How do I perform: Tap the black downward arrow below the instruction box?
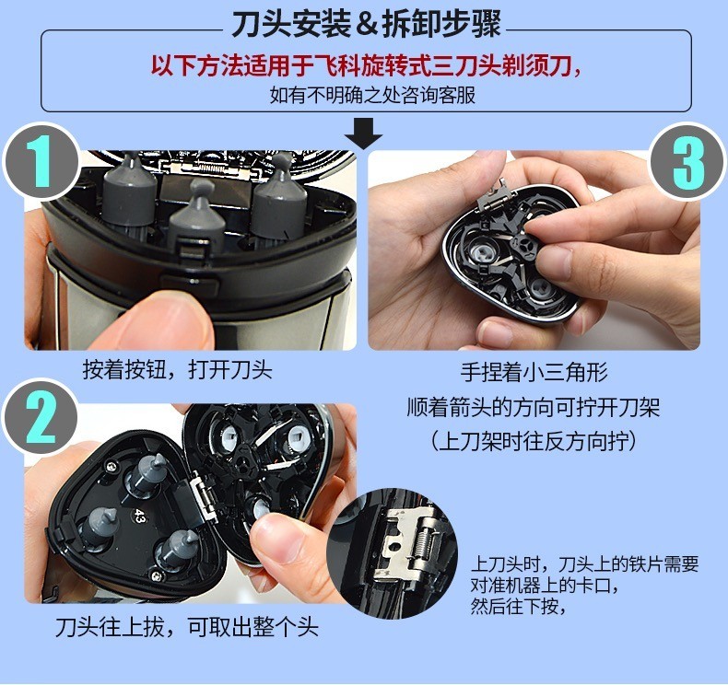pos(368,135)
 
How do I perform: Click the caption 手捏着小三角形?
pos(534,373)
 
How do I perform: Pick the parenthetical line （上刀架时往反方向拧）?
pos(534,441)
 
